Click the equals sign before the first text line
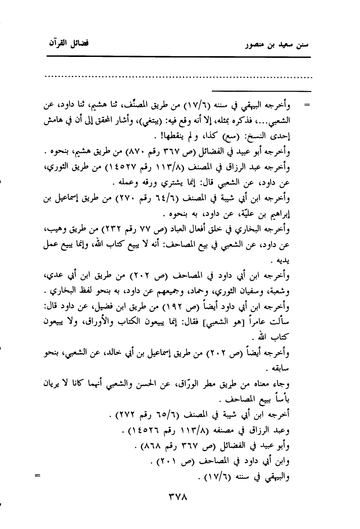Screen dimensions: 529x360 coord(308,105)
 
